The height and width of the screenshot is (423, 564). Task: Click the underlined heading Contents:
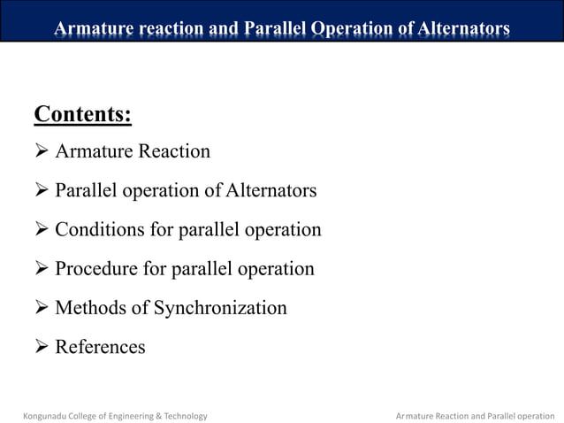(82, 115)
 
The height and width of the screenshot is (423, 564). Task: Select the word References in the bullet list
(100, 347)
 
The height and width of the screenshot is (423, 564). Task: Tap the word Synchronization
(220, 308)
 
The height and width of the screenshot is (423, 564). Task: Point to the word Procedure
(98, 269)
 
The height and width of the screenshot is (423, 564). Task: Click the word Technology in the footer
(185, 415)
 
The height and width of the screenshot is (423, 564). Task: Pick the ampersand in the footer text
(157, 415)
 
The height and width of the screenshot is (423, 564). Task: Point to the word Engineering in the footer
(127, 415)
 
